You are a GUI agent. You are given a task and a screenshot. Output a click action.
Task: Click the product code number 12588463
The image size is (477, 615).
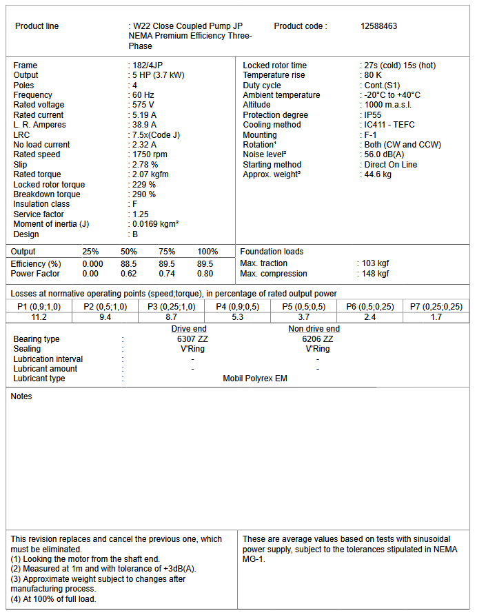point(378,26)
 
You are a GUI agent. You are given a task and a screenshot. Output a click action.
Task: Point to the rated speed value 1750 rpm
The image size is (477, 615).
point(150,154)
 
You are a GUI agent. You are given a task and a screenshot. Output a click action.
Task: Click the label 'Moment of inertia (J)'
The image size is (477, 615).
point(51,224)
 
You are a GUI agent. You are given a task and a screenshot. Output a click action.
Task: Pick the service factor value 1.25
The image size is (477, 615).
point(141,214)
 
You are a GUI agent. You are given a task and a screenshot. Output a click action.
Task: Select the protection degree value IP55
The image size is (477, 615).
point(374,115)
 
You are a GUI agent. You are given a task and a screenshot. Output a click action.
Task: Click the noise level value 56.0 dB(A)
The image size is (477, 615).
point(384,155)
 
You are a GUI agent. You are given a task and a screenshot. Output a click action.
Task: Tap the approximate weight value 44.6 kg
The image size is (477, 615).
point(377,175)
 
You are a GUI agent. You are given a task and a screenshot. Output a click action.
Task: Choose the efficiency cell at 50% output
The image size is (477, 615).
point(129,264)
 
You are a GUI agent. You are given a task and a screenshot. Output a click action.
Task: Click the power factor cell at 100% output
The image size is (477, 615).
point(205,274)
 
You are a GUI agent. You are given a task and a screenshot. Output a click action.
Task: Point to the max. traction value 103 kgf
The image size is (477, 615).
point(376,263)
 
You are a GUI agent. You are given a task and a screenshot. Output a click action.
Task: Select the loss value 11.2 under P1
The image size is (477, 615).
point(39,317)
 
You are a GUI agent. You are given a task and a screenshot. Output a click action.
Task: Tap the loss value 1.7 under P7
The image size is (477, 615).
point(436,317)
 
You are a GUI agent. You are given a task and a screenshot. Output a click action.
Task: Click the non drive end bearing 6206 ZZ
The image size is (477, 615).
point(318,339)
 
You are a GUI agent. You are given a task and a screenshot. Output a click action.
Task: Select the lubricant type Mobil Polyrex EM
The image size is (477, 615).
point(255,379)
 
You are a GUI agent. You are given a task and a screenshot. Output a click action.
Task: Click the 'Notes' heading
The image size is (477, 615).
point(21,396)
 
